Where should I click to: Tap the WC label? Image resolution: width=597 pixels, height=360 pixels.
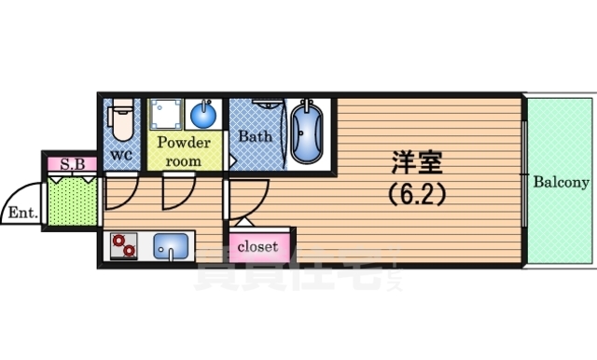(x=121, y=155)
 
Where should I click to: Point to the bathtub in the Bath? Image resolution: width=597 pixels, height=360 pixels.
(x=306, y=132)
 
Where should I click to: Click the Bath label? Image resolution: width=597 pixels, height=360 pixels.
(x=254, y=136)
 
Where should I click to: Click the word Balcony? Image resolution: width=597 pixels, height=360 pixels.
(x=562, y=182)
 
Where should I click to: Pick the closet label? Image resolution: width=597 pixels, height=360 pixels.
(x=257, y=247)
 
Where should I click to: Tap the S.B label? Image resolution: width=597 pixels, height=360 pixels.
(x=72, y=165)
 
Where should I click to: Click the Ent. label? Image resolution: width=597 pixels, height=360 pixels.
(x=21, y=213)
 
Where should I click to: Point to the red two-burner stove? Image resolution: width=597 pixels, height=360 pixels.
(x=122, y=246)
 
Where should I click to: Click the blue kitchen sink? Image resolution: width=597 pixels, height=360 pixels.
(x=172, y=247)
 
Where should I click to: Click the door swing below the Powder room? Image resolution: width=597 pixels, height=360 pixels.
(x=175, y=194)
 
